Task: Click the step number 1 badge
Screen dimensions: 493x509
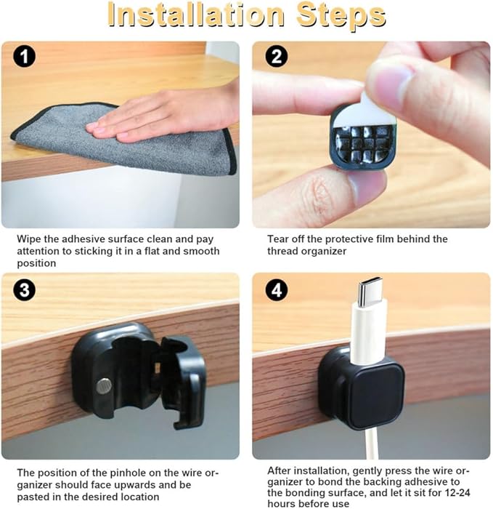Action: click(24, 57)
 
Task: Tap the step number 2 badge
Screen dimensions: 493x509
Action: click(277, 56)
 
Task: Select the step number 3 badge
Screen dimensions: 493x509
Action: click(24, 290)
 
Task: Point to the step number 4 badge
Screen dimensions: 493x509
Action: click(277, 290)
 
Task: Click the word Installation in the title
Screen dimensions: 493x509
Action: click(196, 15)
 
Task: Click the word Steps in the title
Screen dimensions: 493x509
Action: click(341, 16)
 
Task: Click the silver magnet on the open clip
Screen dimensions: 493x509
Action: click(104, 386)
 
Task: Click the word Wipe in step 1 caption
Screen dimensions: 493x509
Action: click(29, 239)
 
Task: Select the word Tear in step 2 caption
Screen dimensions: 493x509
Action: click(278, 239)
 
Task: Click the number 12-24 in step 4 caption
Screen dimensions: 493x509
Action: click(455, 492)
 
